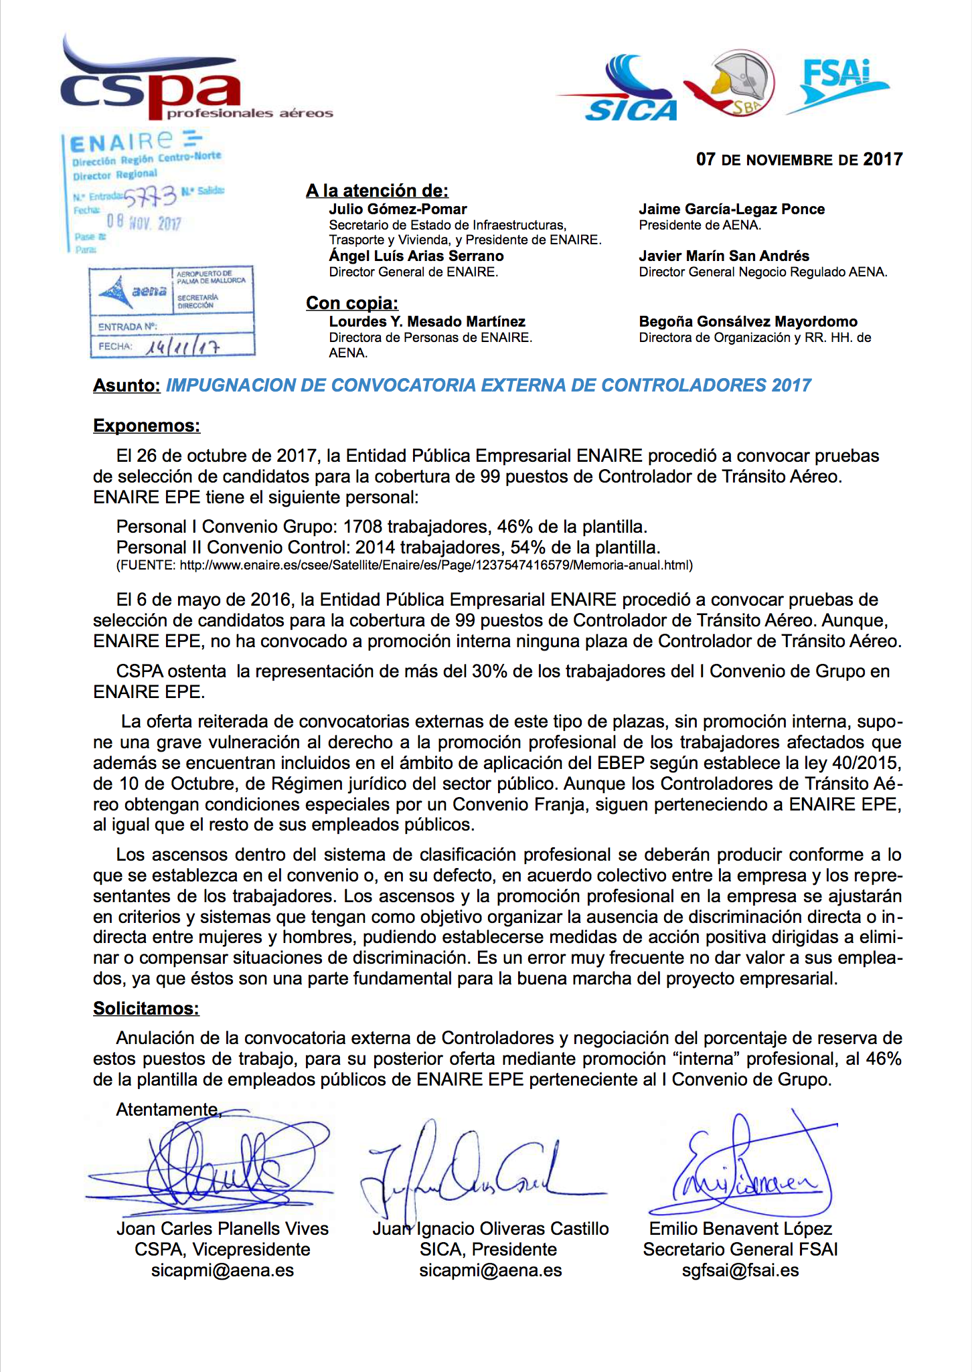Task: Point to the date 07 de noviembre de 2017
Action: tap(799, 159)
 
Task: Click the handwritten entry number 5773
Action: tap(150, 196)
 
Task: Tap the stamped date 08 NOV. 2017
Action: tap(144, 222)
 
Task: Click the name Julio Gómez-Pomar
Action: tap(398, 209)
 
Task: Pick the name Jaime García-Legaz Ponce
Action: tap(732, 209)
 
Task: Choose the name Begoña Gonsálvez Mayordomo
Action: tap(748, 321)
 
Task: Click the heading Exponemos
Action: tap(147, 426)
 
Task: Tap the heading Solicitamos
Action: tap(146, 1009)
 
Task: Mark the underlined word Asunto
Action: tap(127, 385)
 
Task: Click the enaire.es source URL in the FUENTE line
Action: tap(435, 565)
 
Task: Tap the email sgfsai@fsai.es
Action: tap(740, 1270)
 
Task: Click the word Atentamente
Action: tap(167, 1110)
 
